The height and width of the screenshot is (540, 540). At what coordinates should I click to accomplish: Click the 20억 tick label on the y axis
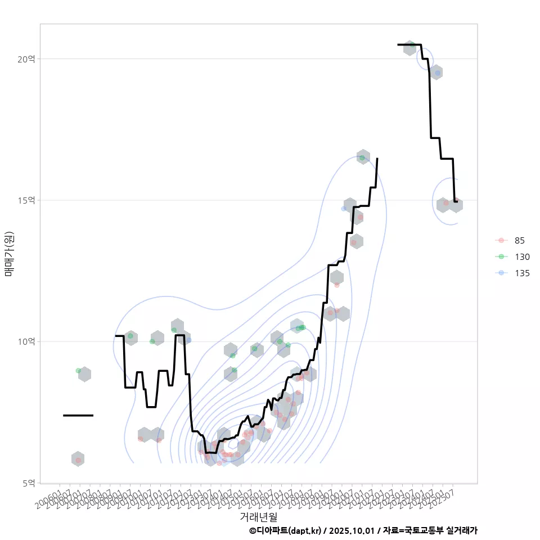(x=27, y=58)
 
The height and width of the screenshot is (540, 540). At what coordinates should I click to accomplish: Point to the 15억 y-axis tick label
(x=27, y=200)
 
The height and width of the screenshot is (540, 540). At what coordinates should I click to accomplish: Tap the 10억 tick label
(x=27, y=341)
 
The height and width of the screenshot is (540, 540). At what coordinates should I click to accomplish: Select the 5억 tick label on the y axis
(x=29, y=483)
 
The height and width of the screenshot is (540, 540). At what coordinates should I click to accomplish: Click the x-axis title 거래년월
(x=258, y=516)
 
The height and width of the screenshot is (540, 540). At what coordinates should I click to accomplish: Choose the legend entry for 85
(x=519, y=241)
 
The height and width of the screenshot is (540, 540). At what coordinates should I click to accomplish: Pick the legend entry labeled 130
(x=521, y=256)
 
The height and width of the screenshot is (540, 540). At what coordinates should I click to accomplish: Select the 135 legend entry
(x=521, y=273)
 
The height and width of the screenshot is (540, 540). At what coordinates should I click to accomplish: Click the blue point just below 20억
(x=438, y=73)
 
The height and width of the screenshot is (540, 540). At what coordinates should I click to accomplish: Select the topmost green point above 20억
(x=412, y=44)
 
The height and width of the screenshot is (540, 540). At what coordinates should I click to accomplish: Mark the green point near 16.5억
(x=362, y=157)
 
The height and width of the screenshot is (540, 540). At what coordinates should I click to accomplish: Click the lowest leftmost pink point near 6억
(x=79, y=460)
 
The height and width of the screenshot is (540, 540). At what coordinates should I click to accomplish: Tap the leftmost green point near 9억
(x=79, y=371)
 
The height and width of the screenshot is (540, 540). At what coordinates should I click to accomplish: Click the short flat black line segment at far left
(x=78, y=415)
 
